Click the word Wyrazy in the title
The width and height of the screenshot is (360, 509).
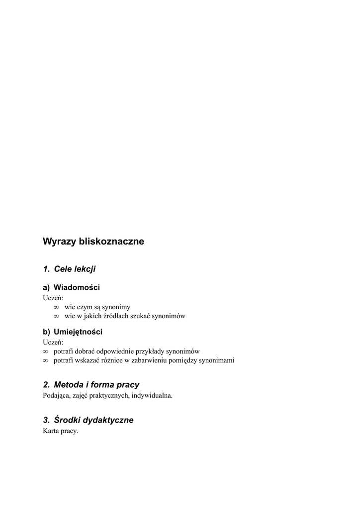(x=57, y=242)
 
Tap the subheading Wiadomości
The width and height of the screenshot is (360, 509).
(x=77, y=287)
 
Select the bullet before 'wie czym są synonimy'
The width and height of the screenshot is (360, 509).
(x=56, y=307)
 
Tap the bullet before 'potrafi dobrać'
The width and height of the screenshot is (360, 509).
(x=46, y=351)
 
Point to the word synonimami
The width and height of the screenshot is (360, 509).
(x=216, y=360)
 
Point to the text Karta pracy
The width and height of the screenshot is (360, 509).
(x=61, y=431)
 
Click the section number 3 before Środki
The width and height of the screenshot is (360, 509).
(x=46, y=420)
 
